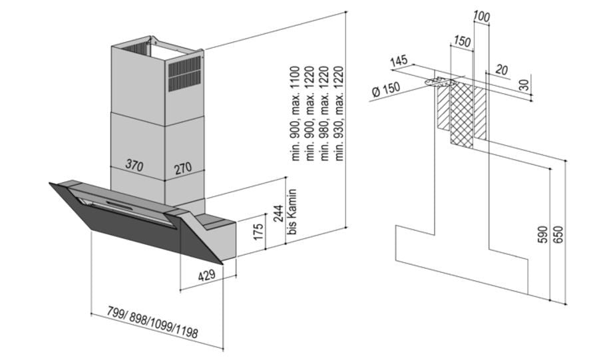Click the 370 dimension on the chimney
point(134,166)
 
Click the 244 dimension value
point(280,214)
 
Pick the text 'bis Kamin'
point(291,211)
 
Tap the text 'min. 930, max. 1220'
point(339,114)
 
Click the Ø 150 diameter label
point(386,90)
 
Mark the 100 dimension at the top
point(482,16)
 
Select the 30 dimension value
point(525,85)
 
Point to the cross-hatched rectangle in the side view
point(461,117)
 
